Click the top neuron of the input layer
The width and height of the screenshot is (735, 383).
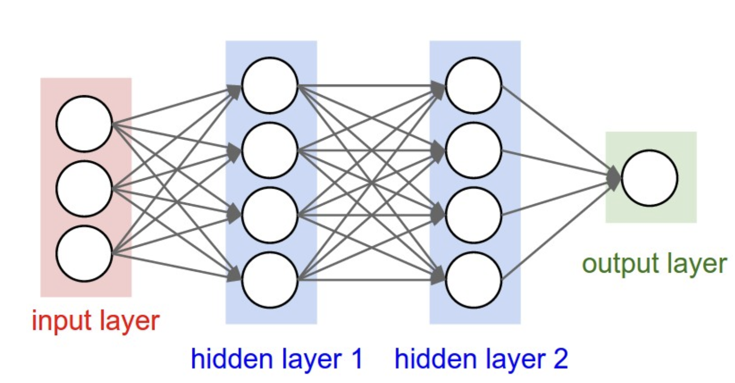click(x=84, y=124)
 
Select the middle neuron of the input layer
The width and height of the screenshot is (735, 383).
click(x=84, y=188)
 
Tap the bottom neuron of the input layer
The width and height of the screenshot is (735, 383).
click(x=84, y=254)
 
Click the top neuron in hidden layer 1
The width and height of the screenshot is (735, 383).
click(x=270, y=85)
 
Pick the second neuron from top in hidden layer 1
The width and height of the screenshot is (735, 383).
click(x=270, y=150)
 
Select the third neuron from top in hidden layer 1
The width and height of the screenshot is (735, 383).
click(x=270, y=215)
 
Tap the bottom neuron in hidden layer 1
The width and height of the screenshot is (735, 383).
click(x=270, y=279)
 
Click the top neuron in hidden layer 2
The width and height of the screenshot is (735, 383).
click(x=474, y=85)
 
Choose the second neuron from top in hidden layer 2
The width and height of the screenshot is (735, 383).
click(x=474, y=150)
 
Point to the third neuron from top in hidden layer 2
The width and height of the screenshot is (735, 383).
click(x=474, y=215)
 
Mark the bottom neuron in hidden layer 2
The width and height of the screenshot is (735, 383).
click(x=474, y=279)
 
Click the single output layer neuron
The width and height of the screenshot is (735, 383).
click(x=649, y=178)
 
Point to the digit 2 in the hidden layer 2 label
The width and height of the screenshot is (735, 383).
click(x=560, y=359)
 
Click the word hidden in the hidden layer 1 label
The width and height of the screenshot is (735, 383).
click(x=224, y=359)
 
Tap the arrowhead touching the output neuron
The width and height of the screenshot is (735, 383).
click(x=614, y=178)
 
